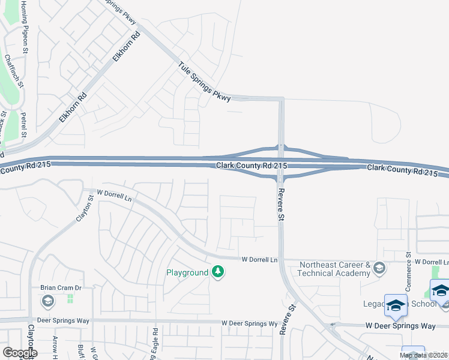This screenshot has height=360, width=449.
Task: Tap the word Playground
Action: [187, 272]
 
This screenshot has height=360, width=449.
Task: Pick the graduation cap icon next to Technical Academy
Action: [379, 268]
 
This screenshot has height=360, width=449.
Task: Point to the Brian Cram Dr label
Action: [61, 287]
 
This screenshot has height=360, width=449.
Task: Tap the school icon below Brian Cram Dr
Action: [48, 299]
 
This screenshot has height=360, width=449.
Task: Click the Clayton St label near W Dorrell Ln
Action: [85, 208]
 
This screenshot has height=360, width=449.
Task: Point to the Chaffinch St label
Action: [14, 71]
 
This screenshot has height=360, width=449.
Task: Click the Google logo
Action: [20, 353]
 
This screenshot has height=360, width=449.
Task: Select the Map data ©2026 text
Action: [424, 355]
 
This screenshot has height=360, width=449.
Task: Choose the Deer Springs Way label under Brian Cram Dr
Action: [62, 321]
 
